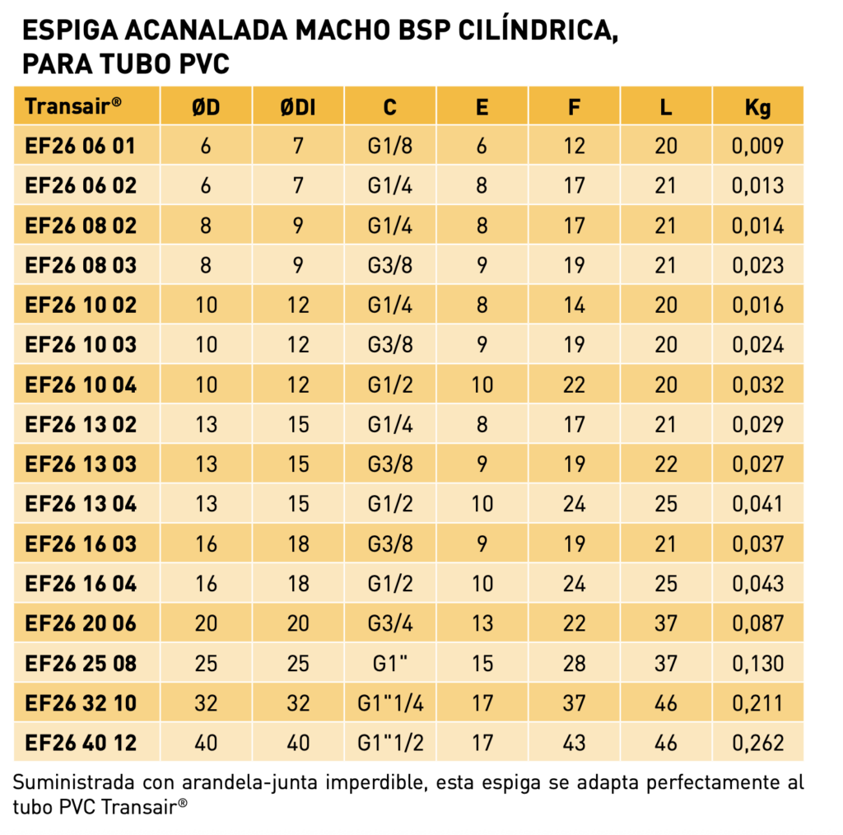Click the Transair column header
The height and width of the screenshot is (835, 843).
click(73, 106)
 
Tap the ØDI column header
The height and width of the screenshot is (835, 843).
click(298, 107)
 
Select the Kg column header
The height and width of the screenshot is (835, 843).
click(757, 108)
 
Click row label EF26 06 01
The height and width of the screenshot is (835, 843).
click(80, 146)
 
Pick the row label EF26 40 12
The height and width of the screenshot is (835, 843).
click(81, 743)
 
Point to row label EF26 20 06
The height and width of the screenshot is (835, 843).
click(81, 623)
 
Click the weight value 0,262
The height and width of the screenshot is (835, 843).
click(757, 743)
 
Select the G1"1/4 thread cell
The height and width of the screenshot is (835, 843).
click(390, 702)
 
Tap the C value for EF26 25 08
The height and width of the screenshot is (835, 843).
click(390, 662)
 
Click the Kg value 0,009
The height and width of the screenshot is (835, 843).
click(757, 146)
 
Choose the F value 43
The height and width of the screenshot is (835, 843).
click(574, 743)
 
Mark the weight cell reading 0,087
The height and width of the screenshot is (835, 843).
click(757, 623)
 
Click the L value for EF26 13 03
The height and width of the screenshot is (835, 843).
click(665, 464)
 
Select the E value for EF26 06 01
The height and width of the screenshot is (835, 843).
click(482, 146)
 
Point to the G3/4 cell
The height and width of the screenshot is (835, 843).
click(390, 623)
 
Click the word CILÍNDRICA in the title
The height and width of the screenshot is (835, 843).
click(538, 30)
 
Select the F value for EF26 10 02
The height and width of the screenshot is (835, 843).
click(574, 305)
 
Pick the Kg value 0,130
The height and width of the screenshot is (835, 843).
click(757, 663)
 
